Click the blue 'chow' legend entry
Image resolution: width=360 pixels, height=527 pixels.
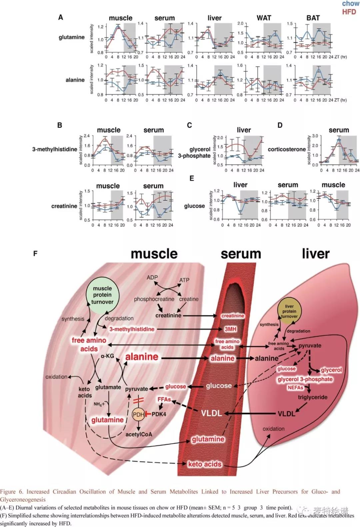tap(350, 4)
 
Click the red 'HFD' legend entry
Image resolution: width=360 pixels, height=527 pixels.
tap(349, 12)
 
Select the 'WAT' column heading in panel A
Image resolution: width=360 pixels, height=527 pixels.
tap(264, 18)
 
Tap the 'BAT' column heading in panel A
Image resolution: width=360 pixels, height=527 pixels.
tap(313, 18)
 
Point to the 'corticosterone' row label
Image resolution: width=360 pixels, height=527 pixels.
tap(287, 149)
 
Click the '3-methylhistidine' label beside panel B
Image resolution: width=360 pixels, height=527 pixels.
tap(55, 149)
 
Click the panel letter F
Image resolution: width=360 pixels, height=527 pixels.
tap(35, 253)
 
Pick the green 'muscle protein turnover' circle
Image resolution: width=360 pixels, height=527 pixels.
tap(102, 295)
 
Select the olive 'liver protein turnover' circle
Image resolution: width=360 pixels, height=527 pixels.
tap(289, 311)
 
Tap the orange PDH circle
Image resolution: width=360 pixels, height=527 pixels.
tap(138, 414)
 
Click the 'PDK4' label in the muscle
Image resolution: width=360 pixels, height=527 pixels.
tap(159, 414)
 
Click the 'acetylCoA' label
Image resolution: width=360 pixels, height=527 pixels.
tap(139, 434)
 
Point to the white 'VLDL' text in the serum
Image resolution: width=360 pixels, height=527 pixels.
tap(211, 413)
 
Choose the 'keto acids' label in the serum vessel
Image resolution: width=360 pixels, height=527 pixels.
tap(205, 464)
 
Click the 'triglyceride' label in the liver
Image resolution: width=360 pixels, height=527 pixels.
tap(312, 397)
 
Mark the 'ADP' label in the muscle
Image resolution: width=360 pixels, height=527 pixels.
tap(152, 278)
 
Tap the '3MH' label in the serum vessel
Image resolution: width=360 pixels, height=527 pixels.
tap(230, 329)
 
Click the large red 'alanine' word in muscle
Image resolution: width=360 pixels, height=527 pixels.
tap(142, 357)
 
